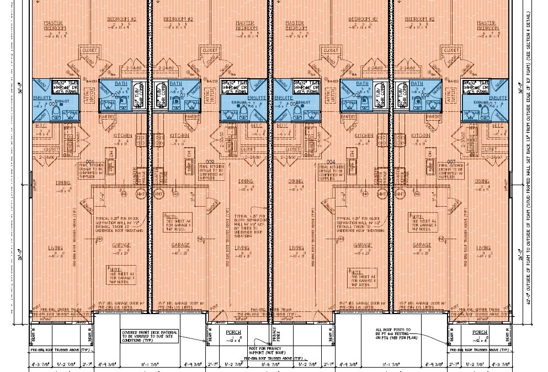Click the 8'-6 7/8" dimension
tap(272, 364)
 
